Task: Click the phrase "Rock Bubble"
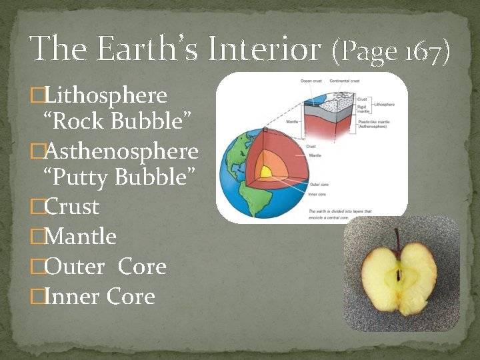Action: (x=118, y=122)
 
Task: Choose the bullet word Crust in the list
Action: (x=71, y=207)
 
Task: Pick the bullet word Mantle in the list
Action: (x=79, y=237)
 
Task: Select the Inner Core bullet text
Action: (x=99, y=297)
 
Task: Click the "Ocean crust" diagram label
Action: (x=311, y=81)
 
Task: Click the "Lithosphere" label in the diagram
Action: (x=385, y=105)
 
